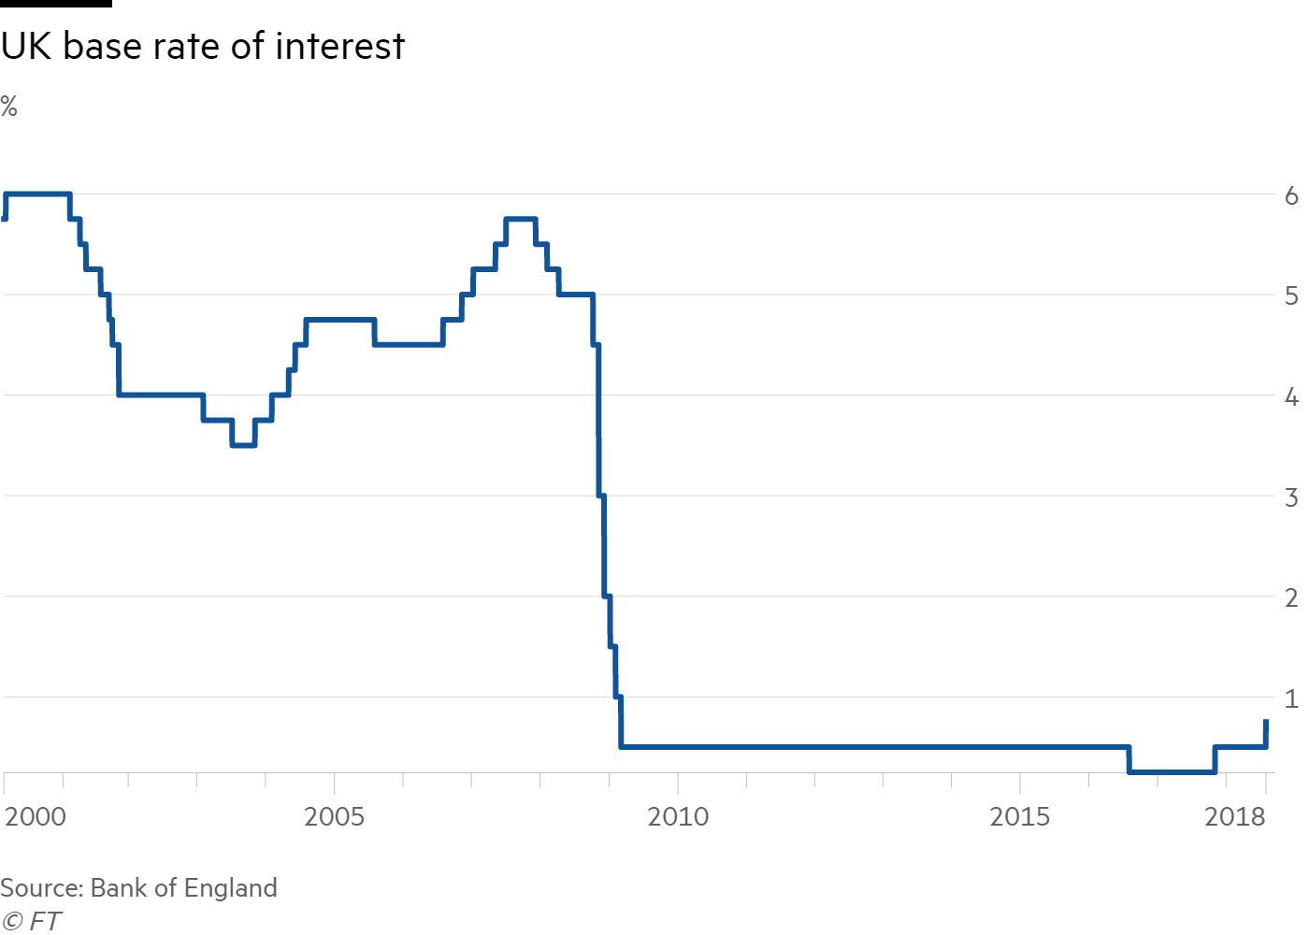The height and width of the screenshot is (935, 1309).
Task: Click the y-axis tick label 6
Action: [x=1291, y=195]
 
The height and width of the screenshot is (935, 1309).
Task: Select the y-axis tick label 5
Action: [x=1291, y=296]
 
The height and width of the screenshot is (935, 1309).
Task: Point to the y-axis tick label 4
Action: [x=1291, y=397]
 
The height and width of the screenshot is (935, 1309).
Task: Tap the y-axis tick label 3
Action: [x=1291, y=497]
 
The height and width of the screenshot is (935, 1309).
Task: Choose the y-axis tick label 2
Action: [x=1291, y=597]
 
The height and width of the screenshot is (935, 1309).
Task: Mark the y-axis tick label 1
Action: [x=1291, y=698]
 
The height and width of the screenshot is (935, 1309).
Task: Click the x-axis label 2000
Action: [x=36, y=817]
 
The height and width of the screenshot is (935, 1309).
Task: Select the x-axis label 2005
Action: [x=335, y=817]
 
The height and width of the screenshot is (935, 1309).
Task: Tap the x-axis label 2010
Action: [x=678, y=817]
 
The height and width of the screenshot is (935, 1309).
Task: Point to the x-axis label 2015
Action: [x=1020, y=817]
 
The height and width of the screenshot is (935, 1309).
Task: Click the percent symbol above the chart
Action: [x=9, y=107]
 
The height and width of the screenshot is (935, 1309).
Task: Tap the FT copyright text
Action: [x=31, y=921]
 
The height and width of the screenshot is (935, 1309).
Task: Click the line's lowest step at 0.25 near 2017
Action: [x=1172, y=772]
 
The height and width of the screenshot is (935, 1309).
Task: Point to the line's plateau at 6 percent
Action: [x=37, y=194]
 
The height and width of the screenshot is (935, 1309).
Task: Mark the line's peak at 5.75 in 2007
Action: [x=520, y=219]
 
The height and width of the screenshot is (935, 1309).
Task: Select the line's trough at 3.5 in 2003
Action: [x=243, y=445]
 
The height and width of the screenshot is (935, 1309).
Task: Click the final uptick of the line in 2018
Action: [x=1266, y=732]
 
